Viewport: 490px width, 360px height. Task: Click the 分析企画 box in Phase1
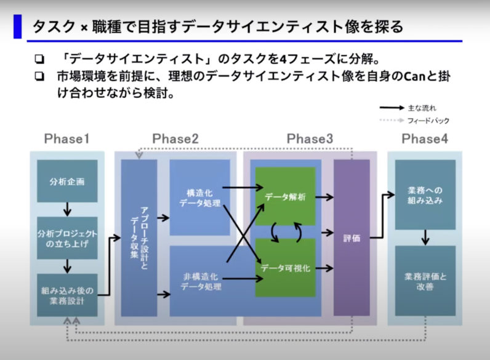[x=67, y=181]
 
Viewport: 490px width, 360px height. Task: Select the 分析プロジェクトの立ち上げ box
[x=67, y=238]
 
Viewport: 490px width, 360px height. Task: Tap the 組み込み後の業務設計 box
[x=67, y=295]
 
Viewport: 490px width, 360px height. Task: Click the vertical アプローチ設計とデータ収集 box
[x=139, y=238]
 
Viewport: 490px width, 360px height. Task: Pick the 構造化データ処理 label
[x=200, y=198]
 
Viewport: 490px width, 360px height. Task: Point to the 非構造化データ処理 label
[x=201, y=282]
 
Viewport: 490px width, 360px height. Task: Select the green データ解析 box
[x=285, y=196]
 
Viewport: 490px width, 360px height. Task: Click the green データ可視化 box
[x=285, y=268]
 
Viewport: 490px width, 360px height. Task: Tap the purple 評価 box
[x=351, y=238]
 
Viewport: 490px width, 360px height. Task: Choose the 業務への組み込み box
[x=425, y=194]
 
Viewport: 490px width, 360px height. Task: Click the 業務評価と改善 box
[x=425, y=281]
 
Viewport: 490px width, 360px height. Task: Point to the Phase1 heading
[x=67, y=138]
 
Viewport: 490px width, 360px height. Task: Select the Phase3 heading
[x=310, y=138]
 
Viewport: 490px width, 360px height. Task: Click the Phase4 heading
[x=425, y=138]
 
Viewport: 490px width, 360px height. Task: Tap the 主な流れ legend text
[x=422, y=108]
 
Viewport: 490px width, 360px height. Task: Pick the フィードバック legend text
[x=428, y=121]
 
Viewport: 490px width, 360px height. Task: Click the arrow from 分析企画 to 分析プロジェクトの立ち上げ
[x=67, y=209]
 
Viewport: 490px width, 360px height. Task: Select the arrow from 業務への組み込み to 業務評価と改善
[x=425, y=238]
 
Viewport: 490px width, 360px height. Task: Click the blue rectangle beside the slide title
[x=17, y=26]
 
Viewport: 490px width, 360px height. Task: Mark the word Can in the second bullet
[x=415, y=76]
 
